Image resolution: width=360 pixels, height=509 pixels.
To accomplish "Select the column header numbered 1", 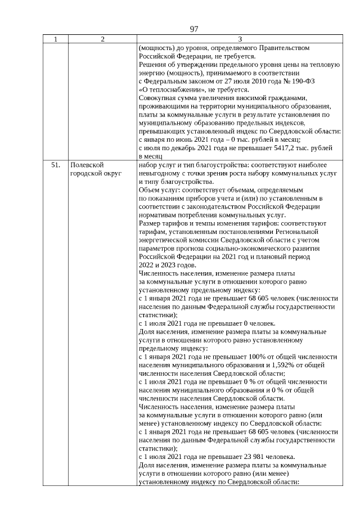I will [x=55, y=39].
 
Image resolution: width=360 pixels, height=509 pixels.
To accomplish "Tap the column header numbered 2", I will [x=102, y=39].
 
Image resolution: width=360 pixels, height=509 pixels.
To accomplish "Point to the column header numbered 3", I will [x=240, y=39].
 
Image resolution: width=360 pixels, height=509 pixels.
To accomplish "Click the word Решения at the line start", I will [x=152, y=64].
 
